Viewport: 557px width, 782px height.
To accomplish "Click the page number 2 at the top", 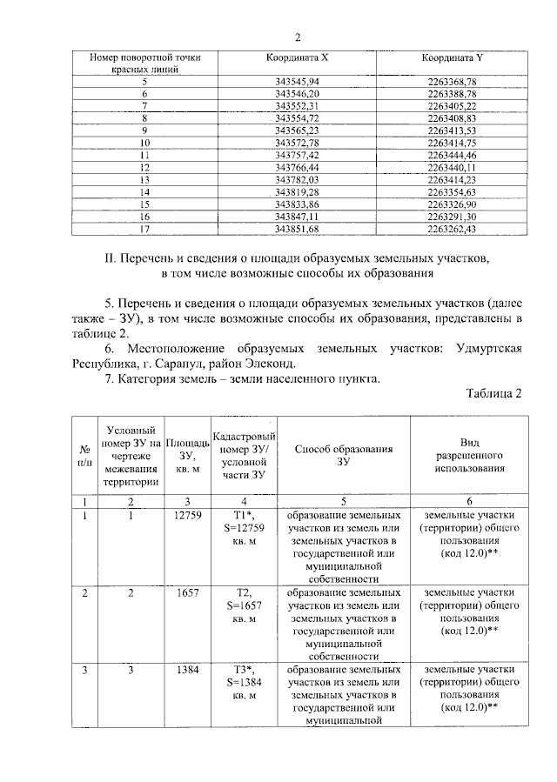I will (x=298, y=37).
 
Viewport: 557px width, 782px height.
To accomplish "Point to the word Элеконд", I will (x=276, y=363).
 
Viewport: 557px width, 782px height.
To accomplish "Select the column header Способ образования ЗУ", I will (x=343, y=456).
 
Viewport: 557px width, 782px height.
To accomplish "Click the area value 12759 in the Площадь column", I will (x=188, y=516).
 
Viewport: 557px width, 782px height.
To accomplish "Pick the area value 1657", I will (x=188, y=592).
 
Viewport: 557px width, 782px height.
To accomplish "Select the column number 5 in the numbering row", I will (x=343, y=502).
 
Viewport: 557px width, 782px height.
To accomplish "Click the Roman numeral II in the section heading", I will (x=109, y=258).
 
